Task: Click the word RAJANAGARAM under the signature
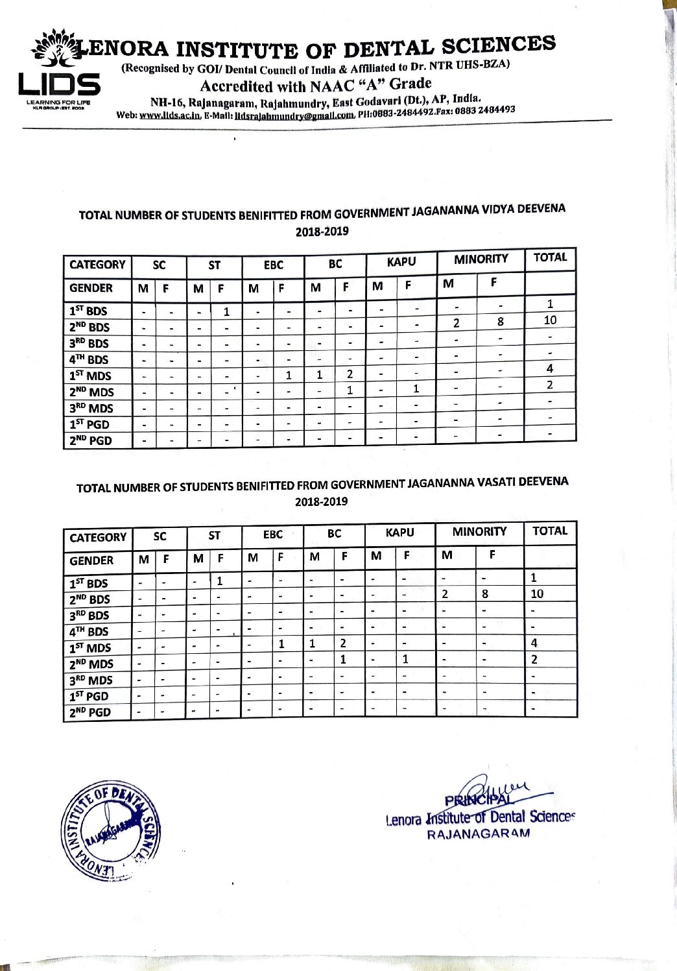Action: pos(478,833)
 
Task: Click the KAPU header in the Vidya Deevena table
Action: pos(401,261)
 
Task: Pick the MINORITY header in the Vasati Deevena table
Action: pos(479,532)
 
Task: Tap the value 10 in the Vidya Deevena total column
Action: pos(550,320)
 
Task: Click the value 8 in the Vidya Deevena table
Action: pos(500,322)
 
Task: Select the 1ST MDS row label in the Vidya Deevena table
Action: pos(90,376)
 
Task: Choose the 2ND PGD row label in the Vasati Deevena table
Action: pos(90,712)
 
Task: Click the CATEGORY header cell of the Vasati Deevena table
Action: pos(98,538)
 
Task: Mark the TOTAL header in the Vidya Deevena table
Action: pos(550,257)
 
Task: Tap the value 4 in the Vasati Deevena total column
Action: pos(534,643)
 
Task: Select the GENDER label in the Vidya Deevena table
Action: pos(91,288)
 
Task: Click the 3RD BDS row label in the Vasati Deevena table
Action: pos(89,615)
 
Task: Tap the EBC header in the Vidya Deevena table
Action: pos(273,265)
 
